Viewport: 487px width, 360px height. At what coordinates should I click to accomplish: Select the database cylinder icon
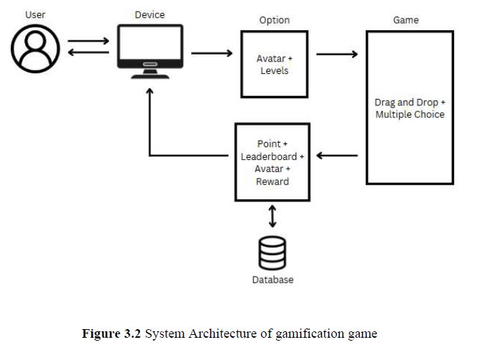coord(272,253)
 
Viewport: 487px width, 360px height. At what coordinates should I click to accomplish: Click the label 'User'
coord(35,14)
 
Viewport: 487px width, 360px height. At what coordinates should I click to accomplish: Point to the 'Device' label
coord(149,14)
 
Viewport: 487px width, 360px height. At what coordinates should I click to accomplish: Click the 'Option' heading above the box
coord(274,20)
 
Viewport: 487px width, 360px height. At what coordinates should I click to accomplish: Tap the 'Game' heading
coord(405,20)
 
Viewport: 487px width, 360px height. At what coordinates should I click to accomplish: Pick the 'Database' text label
coord(273,280)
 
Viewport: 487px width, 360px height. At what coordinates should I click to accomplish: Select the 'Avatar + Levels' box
coord(274,65)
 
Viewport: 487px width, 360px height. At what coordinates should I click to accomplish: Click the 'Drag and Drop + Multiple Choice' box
coord(410,108)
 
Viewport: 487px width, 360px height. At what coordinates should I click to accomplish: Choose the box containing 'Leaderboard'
coord(272,162)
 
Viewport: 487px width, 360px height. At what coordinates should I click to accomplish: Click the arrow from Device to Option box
coord(212,53)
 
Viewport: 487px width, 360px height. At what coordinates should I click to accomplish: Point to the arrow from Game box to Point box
coord(337,155)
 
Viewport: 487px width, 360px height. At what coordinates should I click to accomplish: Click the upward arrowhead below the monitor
coord(150,93)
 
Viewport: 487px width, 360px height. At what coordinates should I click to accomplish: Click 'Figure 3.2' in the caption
coord(112,333)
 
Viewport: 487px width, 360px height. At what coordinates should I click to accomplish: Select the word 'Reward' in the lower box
coord(272,181)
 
